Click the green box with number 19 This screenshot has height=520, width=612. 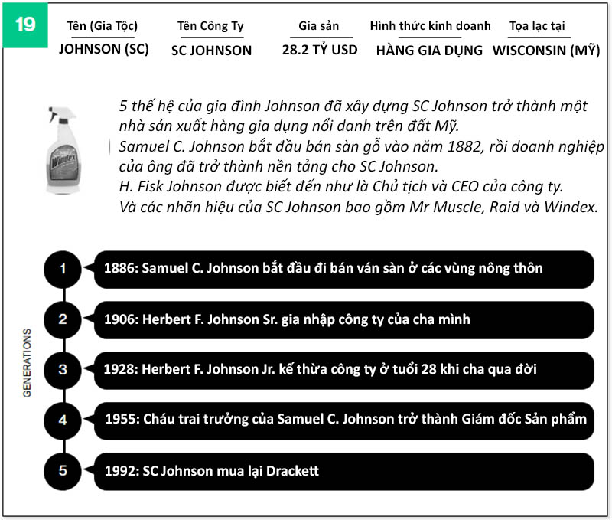point(24,25)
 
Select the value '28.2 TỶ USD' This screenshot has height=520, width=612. point(319,51)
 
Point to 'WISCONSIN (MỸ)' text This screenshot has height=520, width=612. point(546,51)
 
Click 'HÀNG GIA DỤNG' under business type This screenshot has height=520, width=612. point(429,51)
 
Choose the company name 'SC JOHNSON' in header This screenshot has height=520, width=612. point(211,51)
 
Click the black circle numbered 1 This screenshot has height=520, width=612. point(63,269)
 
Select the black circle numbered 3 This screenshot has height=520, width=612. point(63,370)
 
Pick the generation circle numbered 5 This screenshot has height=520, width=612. point(63,471)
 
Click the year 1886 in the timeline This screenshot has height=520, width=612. point(120,269)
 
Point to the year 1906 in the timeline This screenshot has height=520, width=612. point(120,319)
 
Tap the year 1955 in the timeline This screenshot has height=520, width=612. point(120,420)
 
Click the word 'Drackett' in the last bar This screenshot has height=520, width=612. point(292,471)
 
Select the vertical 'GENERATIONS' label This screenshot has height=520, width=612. point(28,362)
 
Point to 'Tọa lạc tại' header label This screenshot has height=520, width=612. point(537,26)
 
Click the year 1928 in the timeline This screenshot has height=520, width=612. point(120,370)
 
